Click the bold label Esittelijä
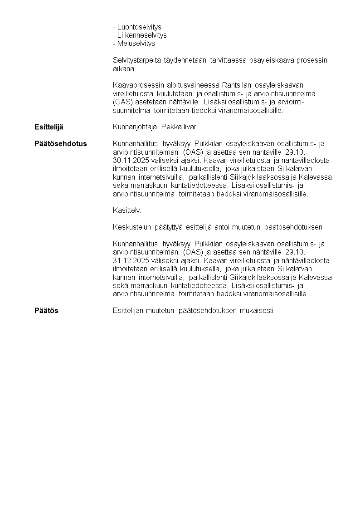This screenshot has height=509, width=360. (x=49, y=127)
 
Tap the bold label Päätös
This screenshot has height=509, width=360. (x=46, y=311)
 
